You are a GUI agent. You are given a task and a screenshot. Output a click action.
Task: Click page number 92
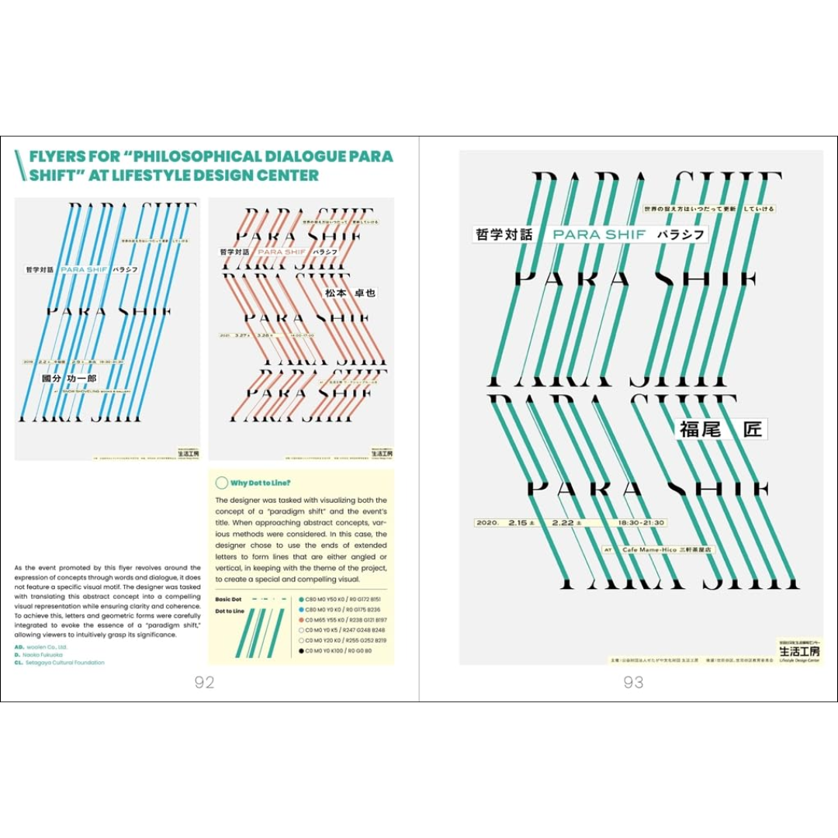tap(204, 682)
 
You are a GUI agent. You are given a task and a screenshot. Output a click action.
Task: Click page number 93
tap(634, 682)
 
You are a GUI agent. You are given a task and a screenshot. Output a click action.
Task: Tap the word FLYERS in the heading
tap(58, 156)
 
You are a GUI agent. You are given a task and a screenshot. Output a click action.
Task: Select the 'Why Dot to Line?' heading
tap(260, 483)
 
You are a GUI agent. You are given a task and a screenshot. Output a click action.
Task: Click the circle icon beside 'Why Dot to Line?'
tap(221, 483)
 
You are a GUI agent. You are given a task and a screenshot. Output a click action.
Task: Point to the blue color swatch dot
tap(301, 610)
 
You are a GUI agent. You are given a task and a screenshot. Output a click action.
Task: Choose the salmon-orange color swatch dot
tap(301, 620)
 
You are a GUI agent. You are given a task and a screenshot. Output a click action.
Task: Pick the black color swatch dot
tap(301, 651)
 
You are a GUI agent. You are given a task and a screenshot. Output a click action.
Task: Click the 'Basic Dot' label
tap(229, 600)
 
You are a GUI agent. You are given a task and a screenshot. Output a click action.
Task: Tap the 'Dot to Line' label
tap(230, 611)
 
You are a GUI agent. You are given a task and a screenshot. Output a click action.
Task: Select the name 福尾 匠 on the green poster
tap(721, 428)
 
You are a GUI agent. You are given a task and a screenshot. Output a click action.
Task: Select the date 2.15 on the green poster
tap(518, 523)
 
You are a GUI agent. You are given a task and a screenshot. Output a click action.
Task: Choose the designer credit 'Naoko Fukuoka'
tap(46, 655)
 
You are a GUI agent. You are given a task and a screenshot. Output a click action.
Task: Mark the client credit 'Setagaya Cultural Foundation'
tap(64, 663)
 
